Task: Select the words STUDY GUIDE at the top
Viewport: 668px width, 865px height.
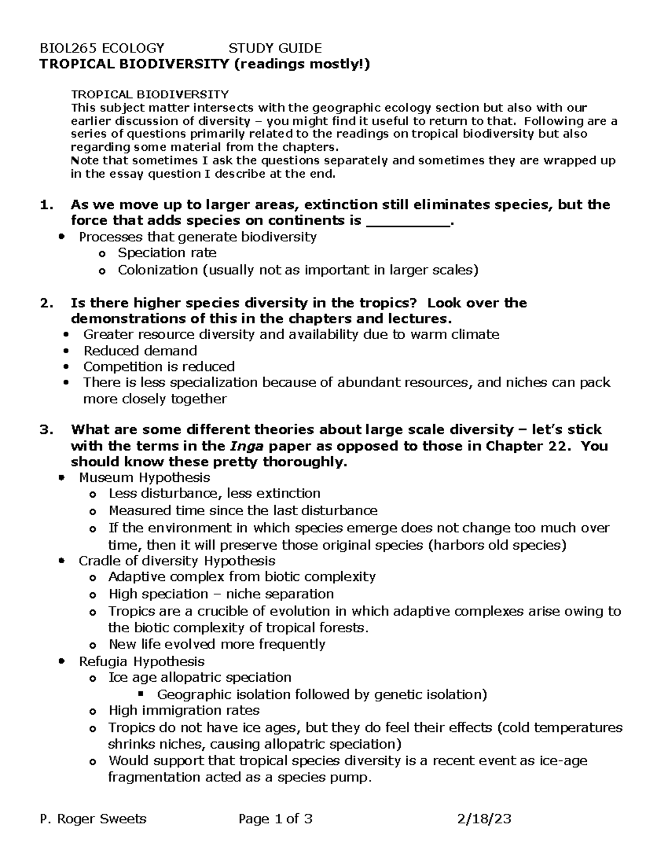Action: tap(275, 48)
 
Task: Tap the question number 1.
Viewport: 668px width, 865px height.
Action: tap(45, 205)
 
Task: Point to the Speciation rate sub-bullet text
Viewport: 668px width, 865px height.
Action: tap(167, 253)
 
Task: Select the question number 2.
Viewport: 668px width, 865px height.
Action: tap(45, 303)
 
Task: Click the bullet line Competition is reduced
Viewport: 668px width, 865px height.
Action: tap(159, 366)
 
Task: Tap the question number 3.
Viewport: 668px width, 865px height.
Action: tap(45, 430)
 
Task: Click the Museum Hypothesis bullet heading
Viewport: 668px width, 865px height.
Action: tap(145, 477)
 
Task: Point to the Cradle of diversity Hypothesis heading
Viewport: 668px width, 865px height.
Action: tap(177, 560)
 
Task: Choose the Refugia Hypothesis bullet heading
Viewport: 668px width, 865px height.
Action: tap(141, 661)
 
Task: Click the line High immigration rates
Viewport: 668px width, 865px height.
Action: tap(184, 710)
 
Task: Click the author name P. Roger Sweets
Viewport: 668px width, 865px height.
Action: tap(94, 819)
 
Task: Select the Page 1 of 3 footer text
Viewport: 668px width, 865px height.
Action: tap(275, 819)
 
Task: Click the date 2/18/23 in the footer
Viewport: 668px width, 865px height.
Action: tap(484, 819)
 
